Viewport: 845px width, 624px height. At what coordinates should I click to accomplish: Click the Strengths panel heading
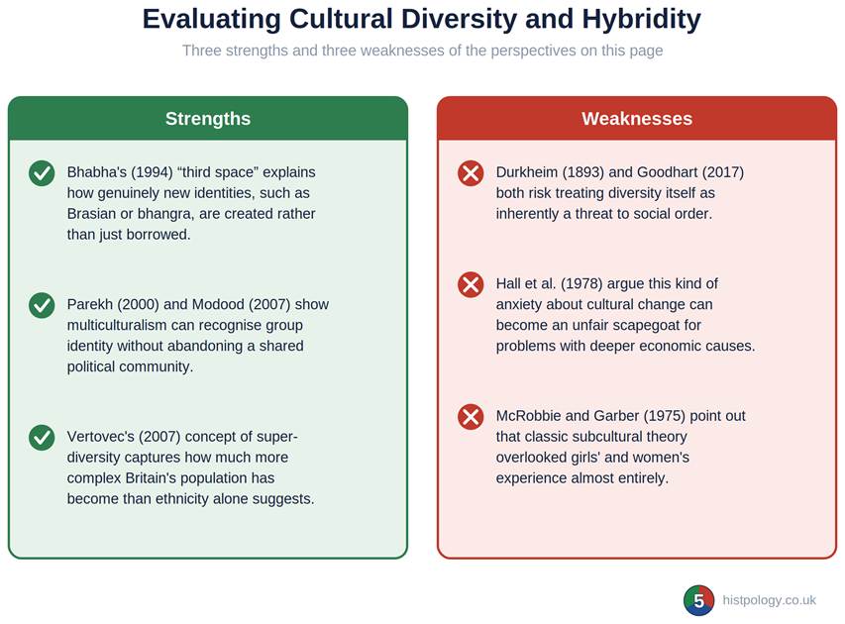[x=208, y=119]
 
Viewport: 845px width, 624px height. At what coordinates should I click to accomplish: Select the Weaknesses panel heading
[x=637, y=119]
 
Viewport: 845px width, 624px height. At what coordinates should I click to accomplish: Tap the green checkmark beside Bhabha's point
[x=42, y=173]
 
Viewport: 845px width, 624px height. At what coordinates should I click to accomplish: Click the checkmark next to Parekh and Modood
[x=42, y=305]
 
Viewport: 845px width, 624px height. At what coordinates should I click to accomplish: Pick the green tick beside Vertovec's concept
[x=42, y=437]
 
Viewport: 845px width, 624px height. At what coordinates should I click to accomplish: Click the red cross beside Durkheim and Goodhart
[x=471, y=173]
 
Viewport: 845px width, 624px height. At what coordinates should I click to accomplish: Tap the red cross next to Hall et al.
[x=471, y=284]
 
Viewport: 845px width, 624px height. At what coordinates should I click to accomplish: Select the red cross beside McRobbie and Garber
[x=471, y=417]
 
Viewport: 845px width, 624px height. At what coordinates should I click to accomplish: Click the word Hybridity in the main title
[x=641, y=20]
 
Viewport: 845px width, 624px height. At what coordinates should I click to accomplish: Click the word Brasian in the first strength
[x=91, y=214]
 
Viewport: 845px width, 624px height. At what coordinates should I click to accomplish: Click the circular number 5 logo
[x=699, y=600]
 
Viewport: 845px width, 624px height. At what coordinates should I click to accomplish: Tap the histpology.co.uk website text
[x=769, y=600]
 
